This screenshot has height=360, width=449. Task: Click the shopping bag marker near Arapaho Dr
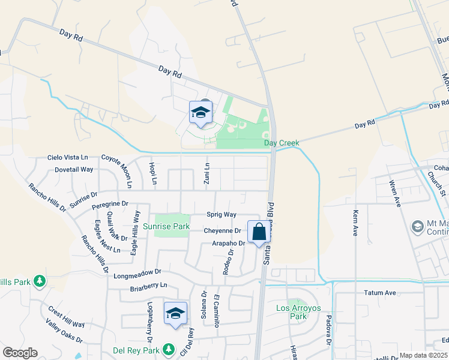coord(259,232)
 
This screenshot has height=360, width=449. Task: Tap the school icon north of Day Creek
coord(200,112)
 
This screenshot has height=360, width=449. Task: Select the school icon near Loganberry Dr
coord(175,314)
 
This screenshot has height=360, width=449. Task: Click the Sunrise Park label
coord(166,226)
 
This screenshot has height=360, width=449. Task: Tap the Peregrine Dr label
coord(110,205)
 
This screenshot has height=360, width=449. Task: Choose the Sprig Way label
coord(221,214)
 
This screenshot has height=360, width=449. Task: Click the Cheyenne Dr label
coord(222,230)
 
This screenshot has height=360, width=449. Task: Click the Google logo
coord(20,353)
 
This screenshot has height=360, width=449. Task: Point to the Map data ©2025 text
coord(423,355)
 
